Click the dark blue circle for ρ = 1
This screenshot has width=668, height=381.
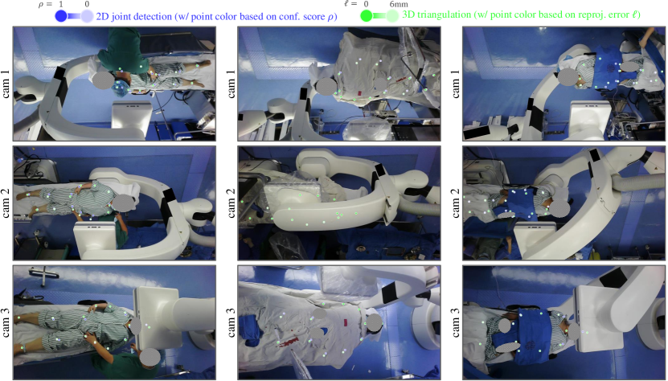pos(61,16)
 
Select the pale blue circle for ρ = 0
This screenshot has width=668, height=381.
pos(88,16)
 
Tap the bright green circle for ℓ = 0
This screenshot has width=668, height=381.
pos(367,16)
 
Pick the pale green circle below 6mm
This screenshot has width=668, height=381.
pos(393,16)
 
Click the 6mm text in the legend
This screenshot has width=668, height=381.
pos(399,4)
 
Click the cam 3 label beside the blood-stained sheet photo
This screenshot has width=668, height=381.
pos(231,322)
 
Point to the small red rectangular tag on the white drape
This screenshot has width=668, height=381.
pos(360,92)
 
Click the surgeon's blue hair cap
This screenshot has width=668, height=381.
pos(120,86)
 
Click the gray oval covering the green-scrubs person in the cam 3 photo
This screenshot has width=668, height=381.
pos(150,357)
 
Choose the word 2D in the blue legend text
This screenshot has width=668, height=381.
pos(102,17)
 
